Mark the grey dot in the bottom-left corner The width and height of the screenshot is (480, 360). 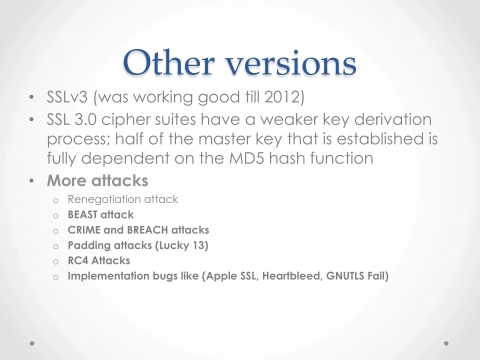coord(30,341)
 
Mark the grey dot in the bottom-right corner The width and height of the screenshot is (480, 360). coord(449,341)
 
